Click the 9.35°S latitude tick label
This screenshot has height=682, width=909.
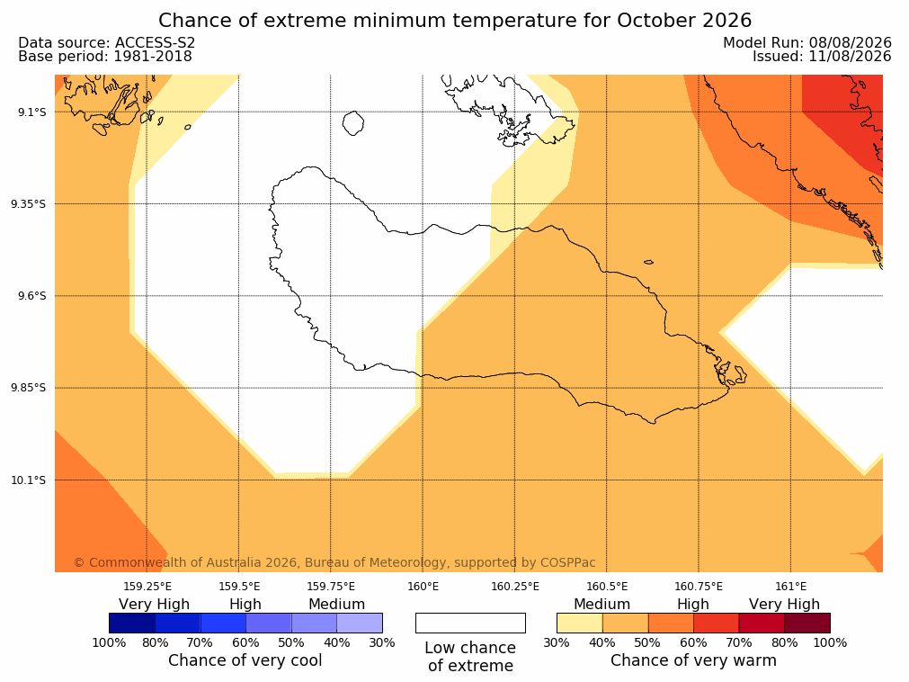pyautogui.click(x=29, y=204)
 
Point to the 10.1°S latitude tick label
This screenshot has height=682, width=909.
pyautogui.click(x=29, y=480)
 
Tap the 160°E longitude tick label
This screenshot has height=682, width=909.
pyautogui.click(x=423, y=587)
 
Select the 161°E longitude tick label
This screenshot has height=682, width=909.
pyautogui.click(x=790, y=587)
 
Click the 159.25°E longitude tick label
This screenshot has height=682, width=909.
pyautogui.click(x=147, y=587)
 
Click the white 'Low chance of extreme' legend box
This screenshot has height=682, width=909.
pyautogui.click(x=470, y=623)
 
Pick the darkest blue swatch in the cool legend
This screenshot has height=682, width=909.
pyautogui.click(x=132, y=623)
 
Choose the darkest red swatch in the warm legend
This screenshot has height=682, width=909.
pyautogui.click(x=807, y=623)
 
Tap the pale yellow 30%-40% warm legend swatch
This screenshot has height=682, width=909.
pyautogui.click(x=580, y=623)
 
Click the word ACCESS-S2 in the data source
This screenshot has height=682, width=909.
pyautogui.click(x=155, y=43)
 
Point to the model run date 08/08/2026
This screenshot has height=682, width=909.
pyautogui.click(x=851, y=43)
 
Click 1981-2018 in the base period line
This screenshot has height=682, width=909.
pyautogui.click(x=153, y=57)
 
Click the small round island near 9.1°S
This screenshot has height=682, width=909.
pyautogui.click(x=353, y=123)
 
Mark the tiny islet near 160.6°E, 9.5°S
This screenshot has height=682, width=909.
pyautogui.click(x=648, y=262)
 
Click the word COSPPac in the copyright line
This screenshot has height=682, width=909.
pyautogui.click(x=567, y=562)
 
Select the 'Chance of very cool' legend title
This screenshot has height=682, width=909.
pyautogui.click(x=245, y=660)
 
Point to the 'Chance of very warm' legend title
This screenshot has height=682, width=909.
pyautogui.click(x=693, y=660)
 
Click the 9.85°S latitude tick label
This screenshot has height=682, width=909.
pyautogui.click(x=29, y=388)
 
